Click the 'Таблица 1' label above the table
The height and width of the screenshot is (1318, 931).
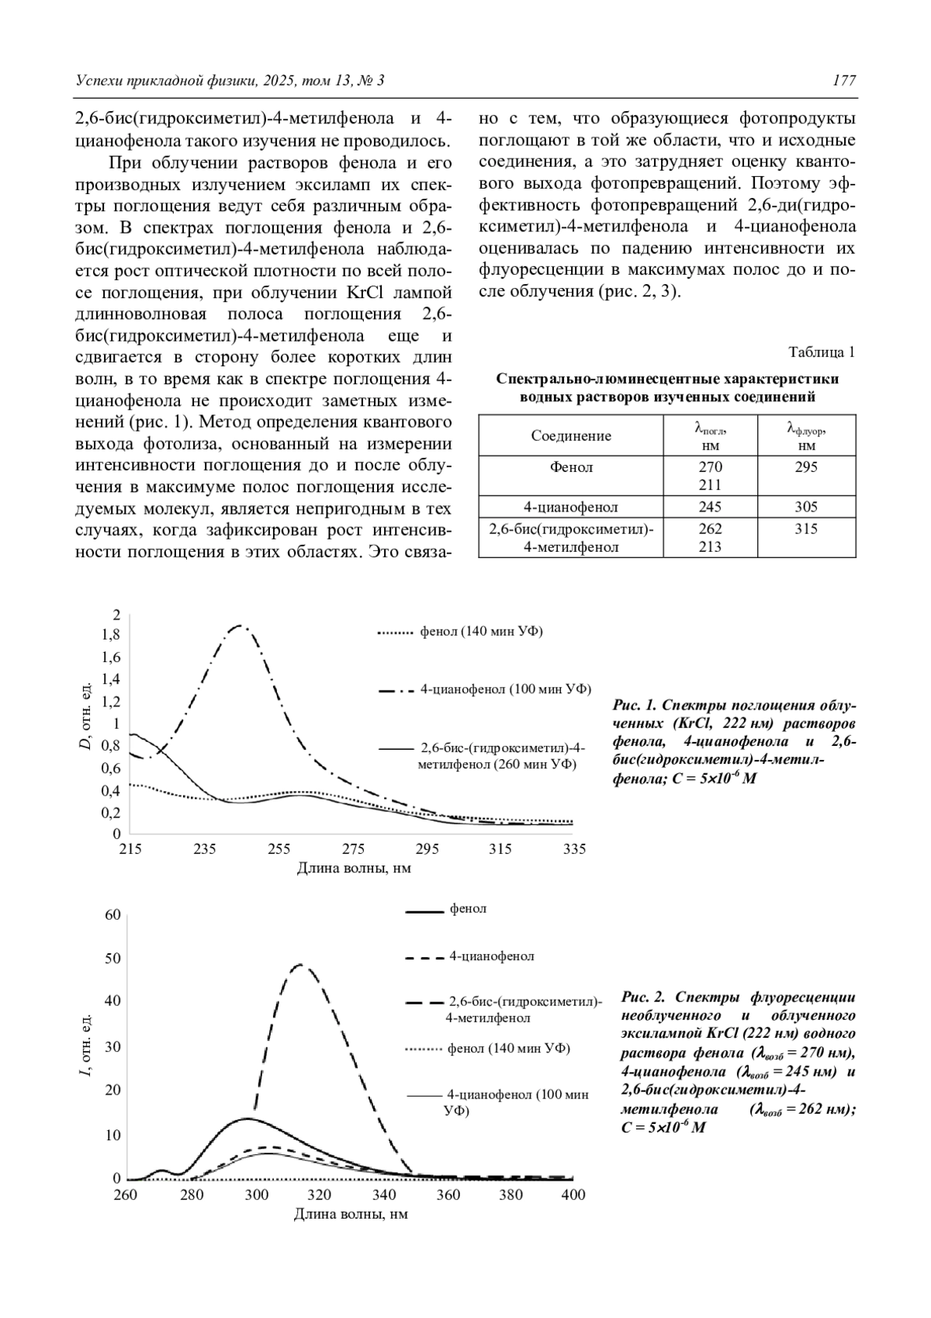[822, 352]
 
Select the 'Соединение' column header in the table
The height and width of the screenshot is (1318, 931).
[570, 435]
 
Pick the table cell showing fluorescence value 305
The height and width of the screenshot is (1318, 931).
[806, 507]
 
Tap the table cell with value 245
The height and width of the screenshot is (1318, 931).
[709, 507]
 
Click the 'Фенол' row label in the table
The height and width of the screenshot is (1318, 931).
[570, 467]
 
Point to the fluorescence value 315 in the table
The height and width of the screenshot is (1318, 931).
[806, 529]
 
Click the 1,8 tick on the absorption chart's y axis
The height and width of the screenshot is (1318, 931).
[112, 635]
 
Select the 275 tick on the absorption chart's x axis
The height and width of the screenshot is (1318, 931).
[354, 849]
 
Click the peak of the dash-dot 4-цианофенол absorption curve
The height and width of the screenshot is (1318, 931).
[241, 626]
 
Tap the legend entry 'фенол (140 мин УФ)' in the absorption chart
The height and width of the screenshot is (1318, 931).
[481, 632]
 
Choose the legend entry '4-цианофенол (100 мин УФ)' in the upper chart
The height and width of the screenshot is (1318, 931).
[505, 689]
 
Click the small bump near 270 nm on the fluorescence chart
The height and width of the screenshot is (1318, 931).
[161, 1171]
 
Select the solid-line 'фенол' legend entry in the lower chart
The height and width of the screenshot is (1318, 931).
[468, 909]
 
